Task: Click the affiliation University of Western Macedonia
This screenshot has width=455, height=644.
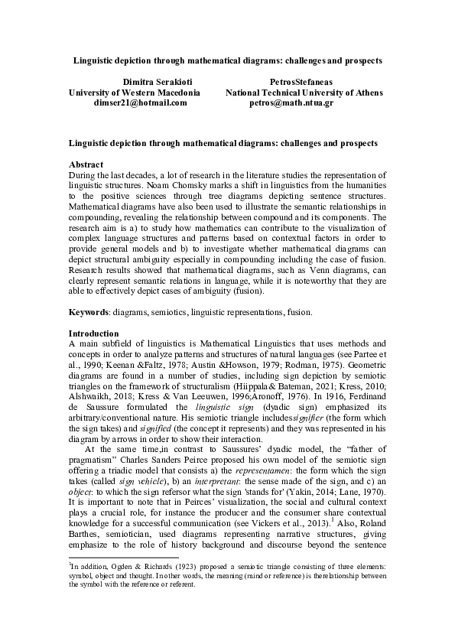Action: click(135, 91)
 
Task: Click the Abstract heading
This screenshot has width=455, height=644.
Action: click(86, 164)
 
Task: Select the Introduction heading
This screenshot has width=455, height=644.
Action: click(93, 333)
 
